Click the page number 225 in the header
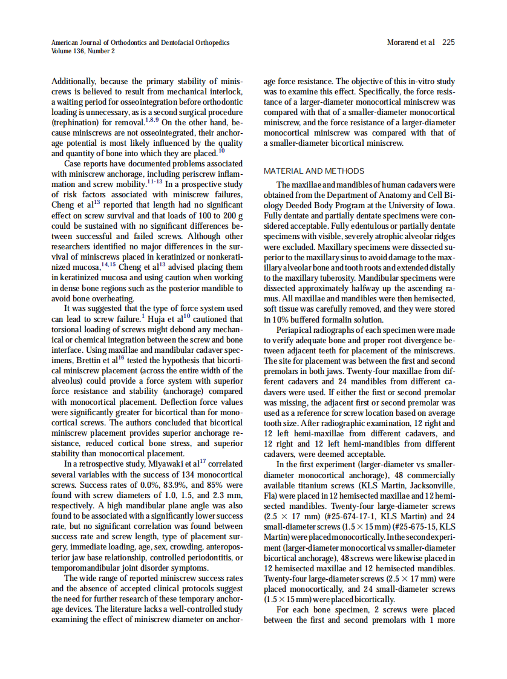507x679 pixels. pos(448,42)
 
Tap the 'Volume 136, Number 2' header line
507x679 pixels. pos(83,51)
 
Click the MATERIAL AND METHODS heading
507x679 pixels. pos(314,171)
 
